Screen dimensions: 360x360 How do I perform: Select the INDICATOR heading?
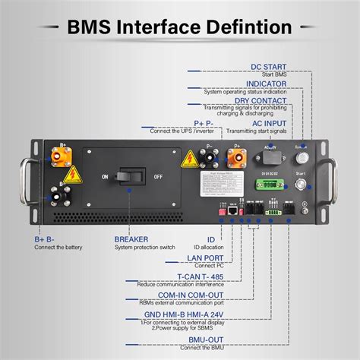[266, 84]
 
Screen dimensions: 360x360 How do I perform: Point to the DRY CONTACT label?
[261, 99]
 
